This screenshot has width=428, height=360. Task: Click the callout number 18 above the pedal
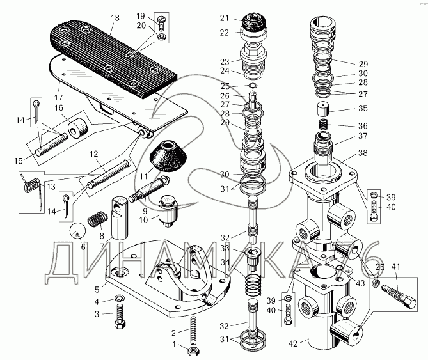(x=115, y=18)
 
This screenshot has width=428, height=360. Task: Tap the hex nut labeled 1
(x=193, y=350)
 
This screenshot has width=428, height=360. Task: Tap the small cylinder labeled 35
(x=323, y=109)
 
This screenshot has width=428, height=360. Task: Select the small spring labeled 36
(x=323, y=125)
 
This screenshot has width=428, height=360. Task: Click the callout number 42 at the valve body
(x=292, y=343)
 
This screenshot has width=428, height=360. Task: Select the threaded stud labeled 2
(x=193, y=330)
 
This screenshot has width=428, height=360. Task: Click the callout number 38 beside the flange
(x=363, y=153)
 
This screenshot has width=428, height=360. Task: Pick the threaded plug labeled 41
(x=399, y=295)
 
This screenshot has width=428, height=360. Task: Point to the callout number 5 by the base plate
(x=97, y=289)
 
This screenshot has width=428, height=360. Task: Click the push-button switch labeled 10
(x=168, y=210)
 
